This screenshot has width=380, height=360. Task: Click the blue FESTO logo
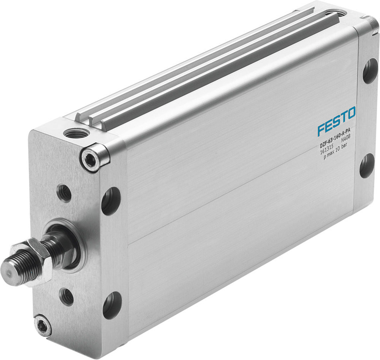337,121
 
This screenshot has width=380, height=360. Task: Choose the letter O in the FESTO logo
351,114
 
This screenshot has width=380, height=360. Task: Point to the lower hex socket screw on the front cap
42,325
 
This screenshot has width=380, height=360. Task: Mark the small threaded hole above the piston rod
65,193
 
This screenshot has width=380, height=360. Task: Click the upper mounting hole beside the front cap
111,201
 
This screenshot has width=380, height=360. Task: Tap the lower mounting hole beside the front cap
112,305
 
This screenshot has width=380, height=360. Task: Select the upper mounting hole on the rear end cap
370,71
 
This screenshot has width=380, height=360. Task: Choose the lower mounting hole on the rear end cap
367,166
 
